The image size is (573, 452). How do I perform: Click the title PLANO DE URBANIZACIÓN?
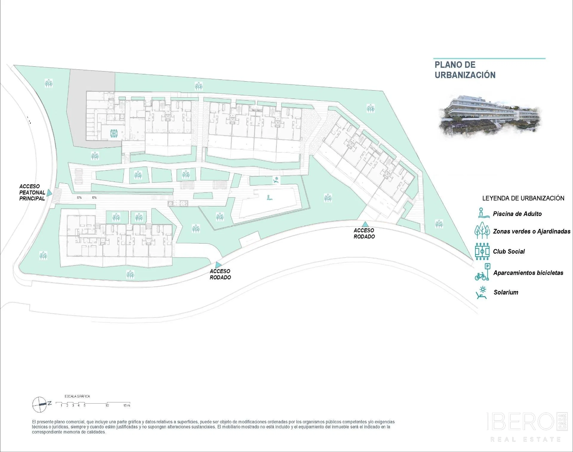pos(465,70)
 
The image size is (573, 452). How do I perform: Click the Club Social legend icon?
pos(482,251)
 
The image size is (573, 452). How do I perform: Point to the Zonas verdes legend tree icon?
pos(482,231)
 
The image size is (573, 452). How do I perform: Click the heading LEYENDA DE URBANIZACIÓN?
pos(523,198)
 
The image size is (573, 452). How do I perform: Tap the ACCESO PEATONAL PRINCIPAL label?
pos(32,192)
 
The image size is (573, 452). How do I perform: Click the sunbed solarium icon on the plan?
pos(276,180)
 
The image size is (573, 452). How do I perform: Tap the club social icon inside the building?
pos(114,134)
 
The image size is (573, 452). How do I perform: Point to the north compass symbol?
pos(40,404)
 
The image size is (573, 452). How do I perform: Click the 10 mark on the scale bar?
pos(107,405)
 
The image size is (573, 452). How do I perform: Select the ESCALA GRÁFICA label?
pos(77,396)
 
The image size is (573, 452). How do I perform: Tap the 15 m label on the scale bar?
pos(127,405)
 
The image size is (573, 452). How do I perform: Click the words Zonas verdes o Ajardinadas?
pos(532,232)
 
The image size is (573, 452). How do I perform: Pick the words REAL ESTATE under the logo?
pos(526,439)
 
